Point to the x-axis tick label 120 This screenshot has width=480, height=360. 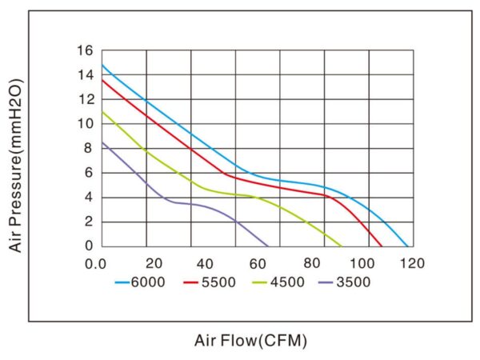(413, 263)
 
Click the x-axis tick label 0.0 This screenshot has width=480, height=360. (97, 263)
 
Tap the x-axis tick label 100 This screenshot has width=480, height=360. (367, 263)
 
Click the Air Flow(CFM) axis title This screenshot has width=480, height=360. (250, 340)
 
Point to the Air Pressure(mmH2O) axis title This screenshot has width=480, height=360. (15, 166)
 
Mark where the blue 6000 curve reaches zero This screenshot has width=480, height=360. (408, 246)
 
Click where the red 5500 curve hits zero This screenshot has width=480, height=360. (382, 246)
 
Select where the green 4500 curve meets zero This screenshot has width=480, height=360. (342, 246)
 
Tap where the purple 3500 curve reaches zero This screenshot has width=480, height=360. (268, 246)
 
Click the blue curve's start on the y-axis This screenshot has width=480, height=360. (102, 65)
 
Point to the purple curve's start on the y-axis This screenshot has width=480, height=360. (102, 142)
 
